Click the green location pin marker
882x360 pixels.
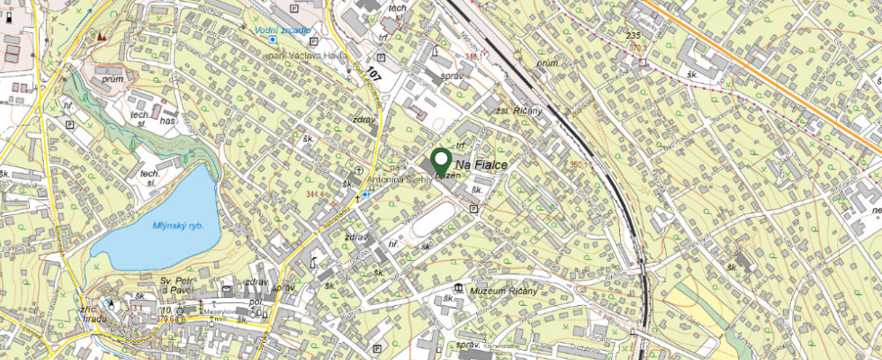point(441,162)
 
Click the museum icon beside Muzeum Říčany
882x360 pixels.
point(460,289)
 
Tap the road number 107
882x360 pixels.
point(373,75)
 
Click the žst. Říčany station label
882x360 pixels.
point(519,110)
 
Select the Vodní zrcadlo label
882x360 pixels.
point(282,31)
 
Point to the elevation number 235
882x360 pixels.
point(633,34)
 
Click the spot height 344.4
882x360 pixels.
point(316,193)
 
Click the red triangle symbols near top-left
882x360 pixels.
point(100,36)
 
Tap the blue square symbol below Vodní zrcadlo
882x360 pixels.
point(272,40)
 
